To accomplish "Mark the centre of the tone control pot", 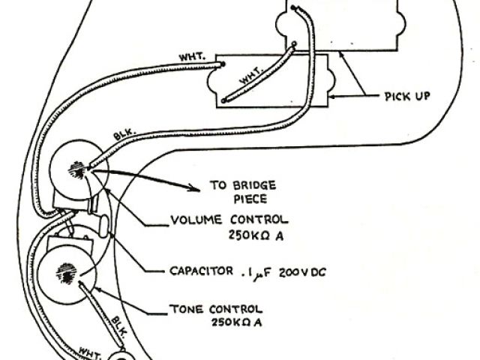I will pyautogui.click(x=66, y=272).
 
